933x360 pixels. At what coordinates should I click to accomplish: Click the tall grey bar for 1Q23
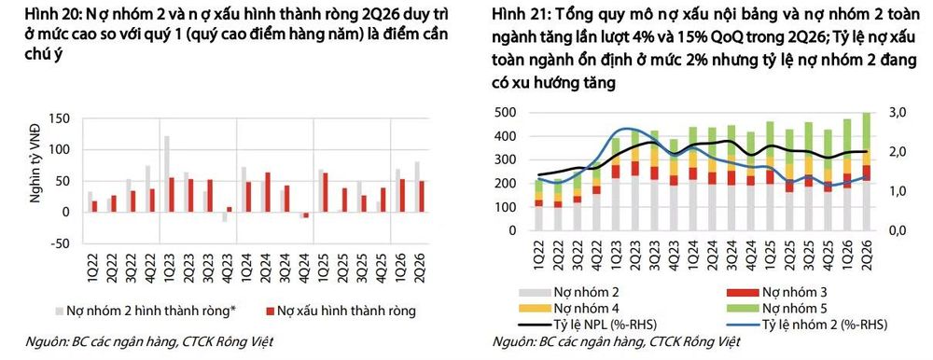click(x=167, y=173)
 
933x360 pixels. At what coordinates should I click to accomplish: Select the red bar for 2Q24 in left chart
click(x=268, y=192)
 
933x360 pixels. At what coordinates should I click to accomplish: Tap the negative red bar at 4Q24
click(x=306, y=215)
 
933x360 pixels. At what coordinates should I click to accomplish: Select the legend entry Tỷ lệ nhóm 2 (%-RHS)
click(x=806, y=325)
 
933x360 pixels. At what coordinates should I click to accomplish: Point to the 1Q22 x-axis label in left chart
click(x=91, y=262)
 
